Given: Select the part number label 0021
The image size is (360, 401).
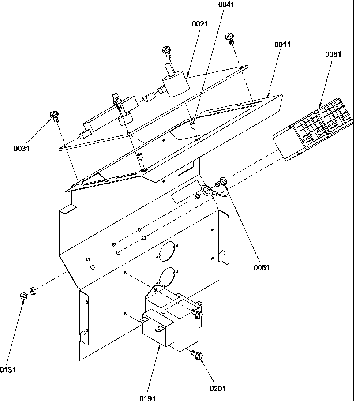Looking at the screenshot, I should pyautogui.click(x=199, y=24).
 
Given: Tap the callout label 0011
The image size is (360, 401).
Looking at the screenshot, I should pyautogui.click(x=282, y=45).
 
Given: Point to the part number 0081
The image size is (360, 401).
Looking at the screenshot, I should pyautogui.click(x=333, y=54).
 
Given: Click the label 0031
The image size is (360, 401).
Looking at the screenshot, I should pyautogui.click(x=21, y=149).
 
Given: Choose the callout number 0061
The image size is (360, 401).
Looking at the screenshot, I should pyautogui.click(x=262, y=267).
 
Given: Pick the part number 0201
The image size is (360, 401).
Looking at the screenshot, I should pyautogui.click(x=217, y=388).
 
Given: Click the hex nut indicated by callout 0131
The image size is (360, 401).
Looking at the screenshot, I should pyautogui.click(x=24, y=296).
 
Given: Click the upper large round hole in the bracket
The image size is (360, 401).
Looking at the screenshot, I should pyautogui.click(x=166, y=252).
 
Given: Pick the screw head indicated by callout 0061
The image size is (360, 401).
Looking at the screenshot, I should pyautogui.click(x=221, y=181).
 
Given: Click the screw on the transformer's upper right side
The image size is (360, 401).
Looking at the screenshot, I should pyautogui.click(x=197, y=314).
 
